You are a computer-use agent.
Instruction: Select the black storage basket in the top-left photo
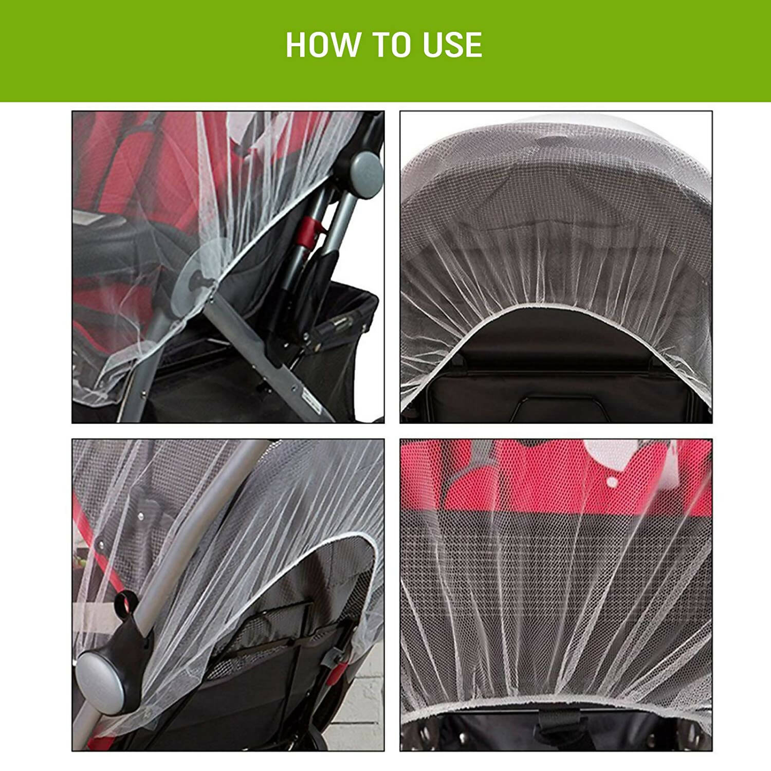(x=329, y=329)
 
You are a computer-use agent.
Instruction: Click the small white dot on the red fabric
(x=612, y=482)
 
